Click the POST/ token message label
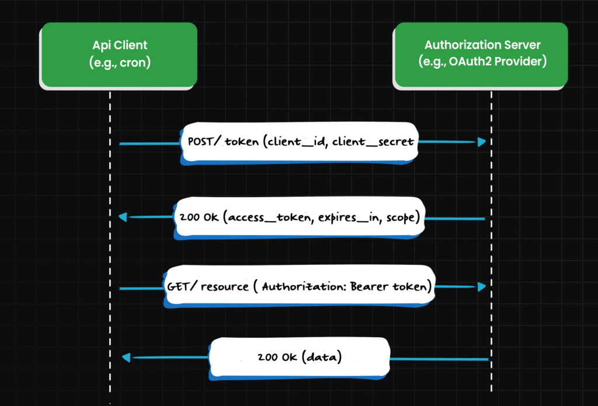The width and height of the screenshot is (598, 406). click(x=300, y=142)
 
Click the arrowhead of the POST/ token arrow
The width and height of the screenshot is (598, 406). click(x=482, y=142)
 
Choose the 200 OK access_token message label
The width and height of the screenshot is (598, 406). click(x=300, y=217)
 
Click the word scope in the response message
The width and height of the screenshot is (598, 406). click(x=401, y=218)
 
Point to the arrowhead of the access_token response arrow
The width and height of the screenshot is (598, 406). click(x=123, y=217)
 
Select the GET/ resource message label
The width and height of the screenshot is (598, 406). click(x=300, y=286)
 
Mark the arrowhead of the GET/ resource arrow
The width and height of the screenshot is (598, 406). click(x=482, y=286)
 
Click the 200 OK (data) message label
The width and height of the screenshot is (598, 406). click(x=300, y=357)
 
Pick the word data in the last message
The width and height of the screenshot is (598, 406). click(x=322, y=357)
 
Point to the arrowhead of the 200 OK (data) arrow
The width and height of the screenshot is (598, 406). click(x=126, y=357)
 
